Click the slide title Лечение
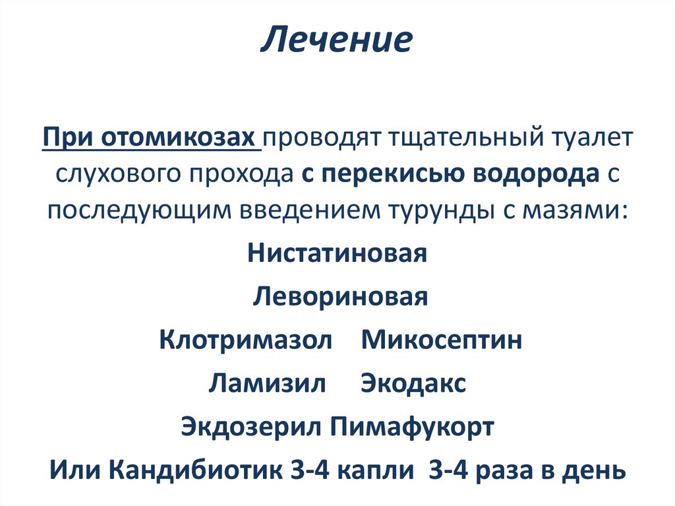(x=337, y=41)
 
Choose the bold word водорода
(x=538, y=175)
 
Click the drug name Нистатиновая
(x=337, y=254)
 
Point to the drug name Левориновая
(x=340, y=296)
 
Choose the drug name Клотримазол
(x=246, y=340)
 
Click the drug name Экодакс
(x=413, y=384)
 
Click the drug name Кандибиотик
(x=195, y=471)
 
